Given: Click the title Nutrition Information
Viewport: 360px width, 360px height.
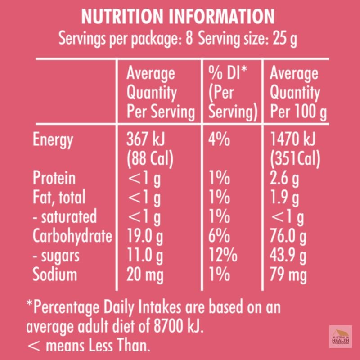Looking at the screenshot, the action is coord(178,17).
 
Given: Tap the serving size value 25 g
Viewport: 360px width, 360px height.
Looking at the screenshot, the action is coord(285,39).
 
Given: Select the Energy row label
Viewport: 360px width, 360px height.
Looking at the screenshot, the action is coord(53,140).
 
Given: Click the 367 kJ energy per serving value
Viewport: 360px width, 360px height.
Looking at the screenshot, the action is coord(145,139).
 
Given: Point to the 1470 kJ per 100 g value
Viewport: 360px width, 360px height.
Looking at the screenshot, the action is coord(293,139).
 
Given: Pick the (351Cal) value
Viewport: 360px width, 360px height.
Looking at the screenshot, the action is coord(295,159).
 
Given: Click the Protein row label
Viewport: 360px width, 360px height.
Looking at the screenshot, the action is coord(54,178).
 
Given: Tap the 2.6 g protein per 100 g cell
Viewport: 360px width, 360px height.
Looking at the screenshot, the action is coord(284,179).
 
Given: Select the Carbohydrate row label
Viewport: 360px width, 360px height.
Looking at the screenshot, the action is coord(72,236).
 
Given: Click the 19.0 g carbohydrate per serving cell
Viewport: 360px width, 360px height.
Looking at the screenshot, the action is coord(145,237).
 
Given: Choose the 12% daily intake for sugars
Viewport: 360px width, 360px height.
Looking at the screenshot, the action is coord(223,255).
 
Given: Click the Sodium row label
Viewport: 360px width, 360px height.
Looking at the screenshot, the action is coord(54,274).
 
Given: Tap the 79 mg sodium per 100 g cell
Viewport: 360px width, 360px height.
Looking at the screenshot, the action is coord(288,275).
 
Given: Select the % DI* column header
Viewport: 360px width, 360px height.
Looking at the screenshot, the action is coord(228,73).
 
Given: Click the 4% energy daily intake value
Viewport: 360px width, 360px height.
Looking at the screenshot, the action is coord(219,139).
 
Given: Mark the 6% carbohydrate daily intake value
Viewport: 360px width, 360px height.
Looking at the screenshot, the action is coord(219,236).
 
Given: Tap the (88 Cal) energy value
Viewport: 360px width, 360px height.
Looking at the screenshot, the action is coord(150,159).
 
